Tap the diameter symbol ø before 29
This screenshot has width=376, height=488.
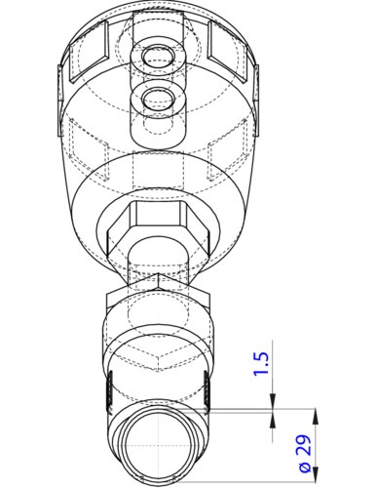pyautogui.click(x=304, y=469)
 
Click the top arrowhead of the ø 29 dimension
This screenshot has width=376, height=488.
pyautogui.click(x=312, y=413)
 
